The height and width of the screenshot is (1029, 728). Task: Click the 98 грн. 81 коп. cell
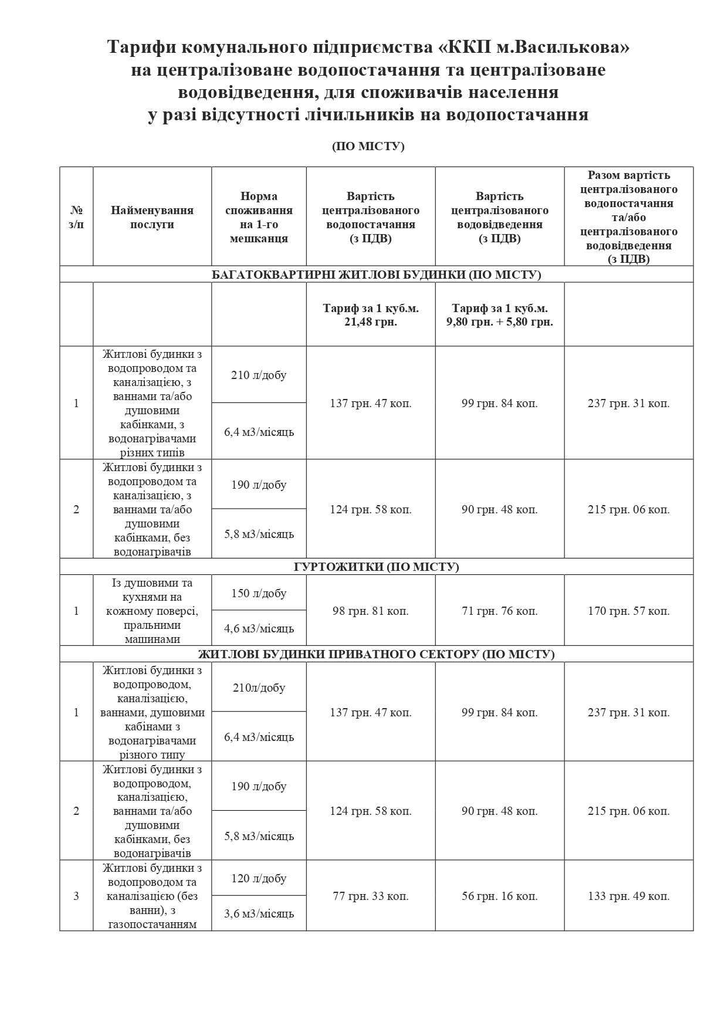tap(370, 611)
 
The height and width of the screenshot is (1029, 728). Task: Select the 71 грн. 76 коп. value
tap(499, 611)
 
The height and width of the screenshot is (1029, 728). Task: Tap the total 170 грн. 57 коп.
tap(628, 611)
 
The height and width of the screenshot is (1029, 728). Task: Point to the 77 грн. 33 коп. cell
tap(370, 896)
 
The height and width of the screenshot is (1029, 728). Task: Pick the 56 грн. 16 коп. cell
tap(499, 896)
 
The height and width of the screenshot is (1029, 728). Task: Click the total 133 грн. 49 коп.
tap(628, 896)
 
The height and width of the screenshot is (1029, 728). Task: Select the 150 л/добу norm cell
tap(259, 593)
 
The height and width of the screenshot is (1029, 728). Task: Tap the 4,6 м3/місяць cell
tap(259, 628)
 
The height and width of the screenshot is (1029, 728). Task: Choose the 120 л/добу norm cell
tap(259, 878)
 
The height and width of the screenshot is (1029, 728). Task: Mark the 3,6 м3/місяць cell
tap(259, 913)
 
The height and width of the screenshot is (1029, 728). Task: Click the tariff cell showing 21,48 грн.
tap(370, 315)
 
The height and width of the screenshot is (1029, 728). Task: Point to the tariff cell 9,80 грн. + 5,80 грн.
tap(499, 315)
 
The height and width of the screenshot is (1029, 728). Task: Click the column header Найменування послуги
tap(152, 217)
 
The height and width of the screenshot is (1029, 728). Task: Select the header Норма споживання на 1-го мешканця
tap(259, 217)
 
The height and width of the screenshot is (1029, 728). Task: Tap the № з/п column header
tap(76, 217)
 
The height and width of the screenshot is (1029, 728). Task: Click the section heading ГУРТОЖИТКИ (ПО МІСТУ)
tap(376, 567)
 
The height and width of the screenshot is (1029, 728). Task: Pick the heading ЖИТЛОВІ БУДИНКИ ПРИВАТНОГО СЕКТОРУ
tap(376, 654)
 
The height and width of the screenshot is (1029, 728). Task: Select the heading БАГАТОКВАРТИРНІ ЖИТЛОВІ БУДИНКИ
tap(376, 275)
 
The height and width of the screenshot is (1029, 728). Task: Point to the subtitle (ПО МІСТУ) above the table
tap(368, 146)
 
